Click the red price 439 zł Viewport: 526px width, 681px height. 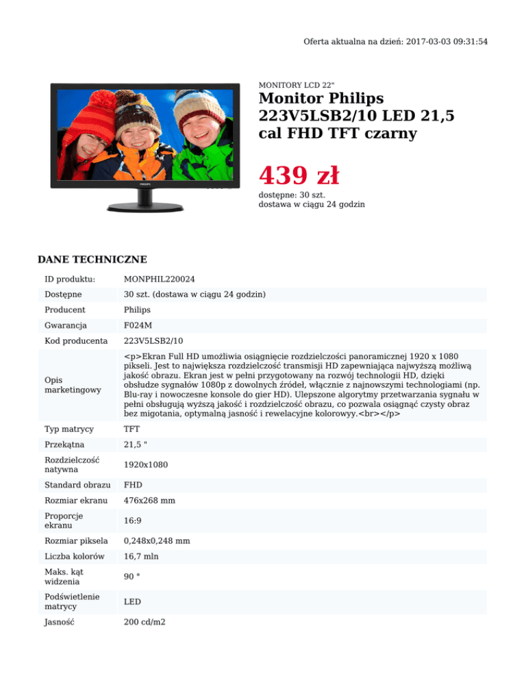click(x=299, y=176)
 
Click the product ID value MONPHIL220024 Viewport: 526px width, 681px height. click(x=159, y=279)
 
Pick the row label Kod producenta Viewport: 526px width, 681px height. click(x=76, y=340)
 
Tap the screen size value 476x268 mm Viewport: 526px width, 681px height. click(x=149, y=501)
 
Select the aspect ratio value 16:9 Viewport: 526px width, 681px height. click(x=132, y=521)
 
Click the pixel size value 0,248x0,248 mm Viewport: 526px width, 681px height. click(x=157, y=541)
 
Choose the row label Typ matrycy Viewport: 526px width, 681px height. click(x=69, y=428)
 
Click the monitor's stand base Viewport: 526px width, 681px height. click(x=144, y=206)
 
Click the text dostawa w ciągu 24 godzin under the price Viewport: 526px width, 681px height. click(x=311, y=204)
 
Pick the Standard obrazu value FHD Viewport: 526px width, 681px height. click(x=133, y=485)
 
